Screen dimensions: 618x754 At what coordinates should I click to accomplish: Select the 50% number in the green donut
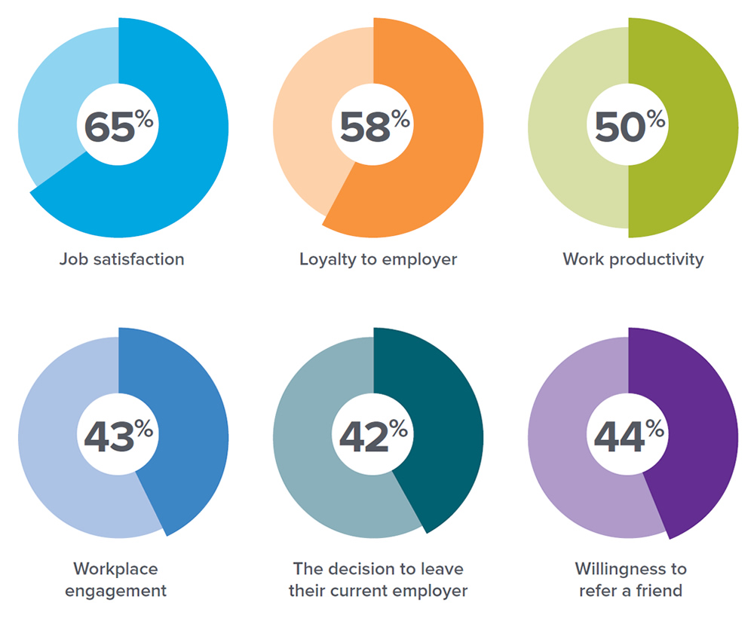[629, 127]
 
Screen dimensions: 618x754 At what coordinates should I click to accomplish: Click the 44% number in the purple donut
[629, 436]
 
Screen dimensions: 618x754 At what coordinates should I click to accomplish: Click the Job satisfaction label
[122, 259]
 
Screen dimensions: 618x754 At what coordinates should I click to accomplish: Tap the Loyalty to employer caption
[379, 259]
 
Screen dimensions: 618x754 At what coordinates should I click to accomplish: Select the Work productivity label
[633, 259]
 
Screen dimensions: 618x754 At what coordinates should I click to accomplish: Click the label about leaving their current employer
[378, 579]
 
